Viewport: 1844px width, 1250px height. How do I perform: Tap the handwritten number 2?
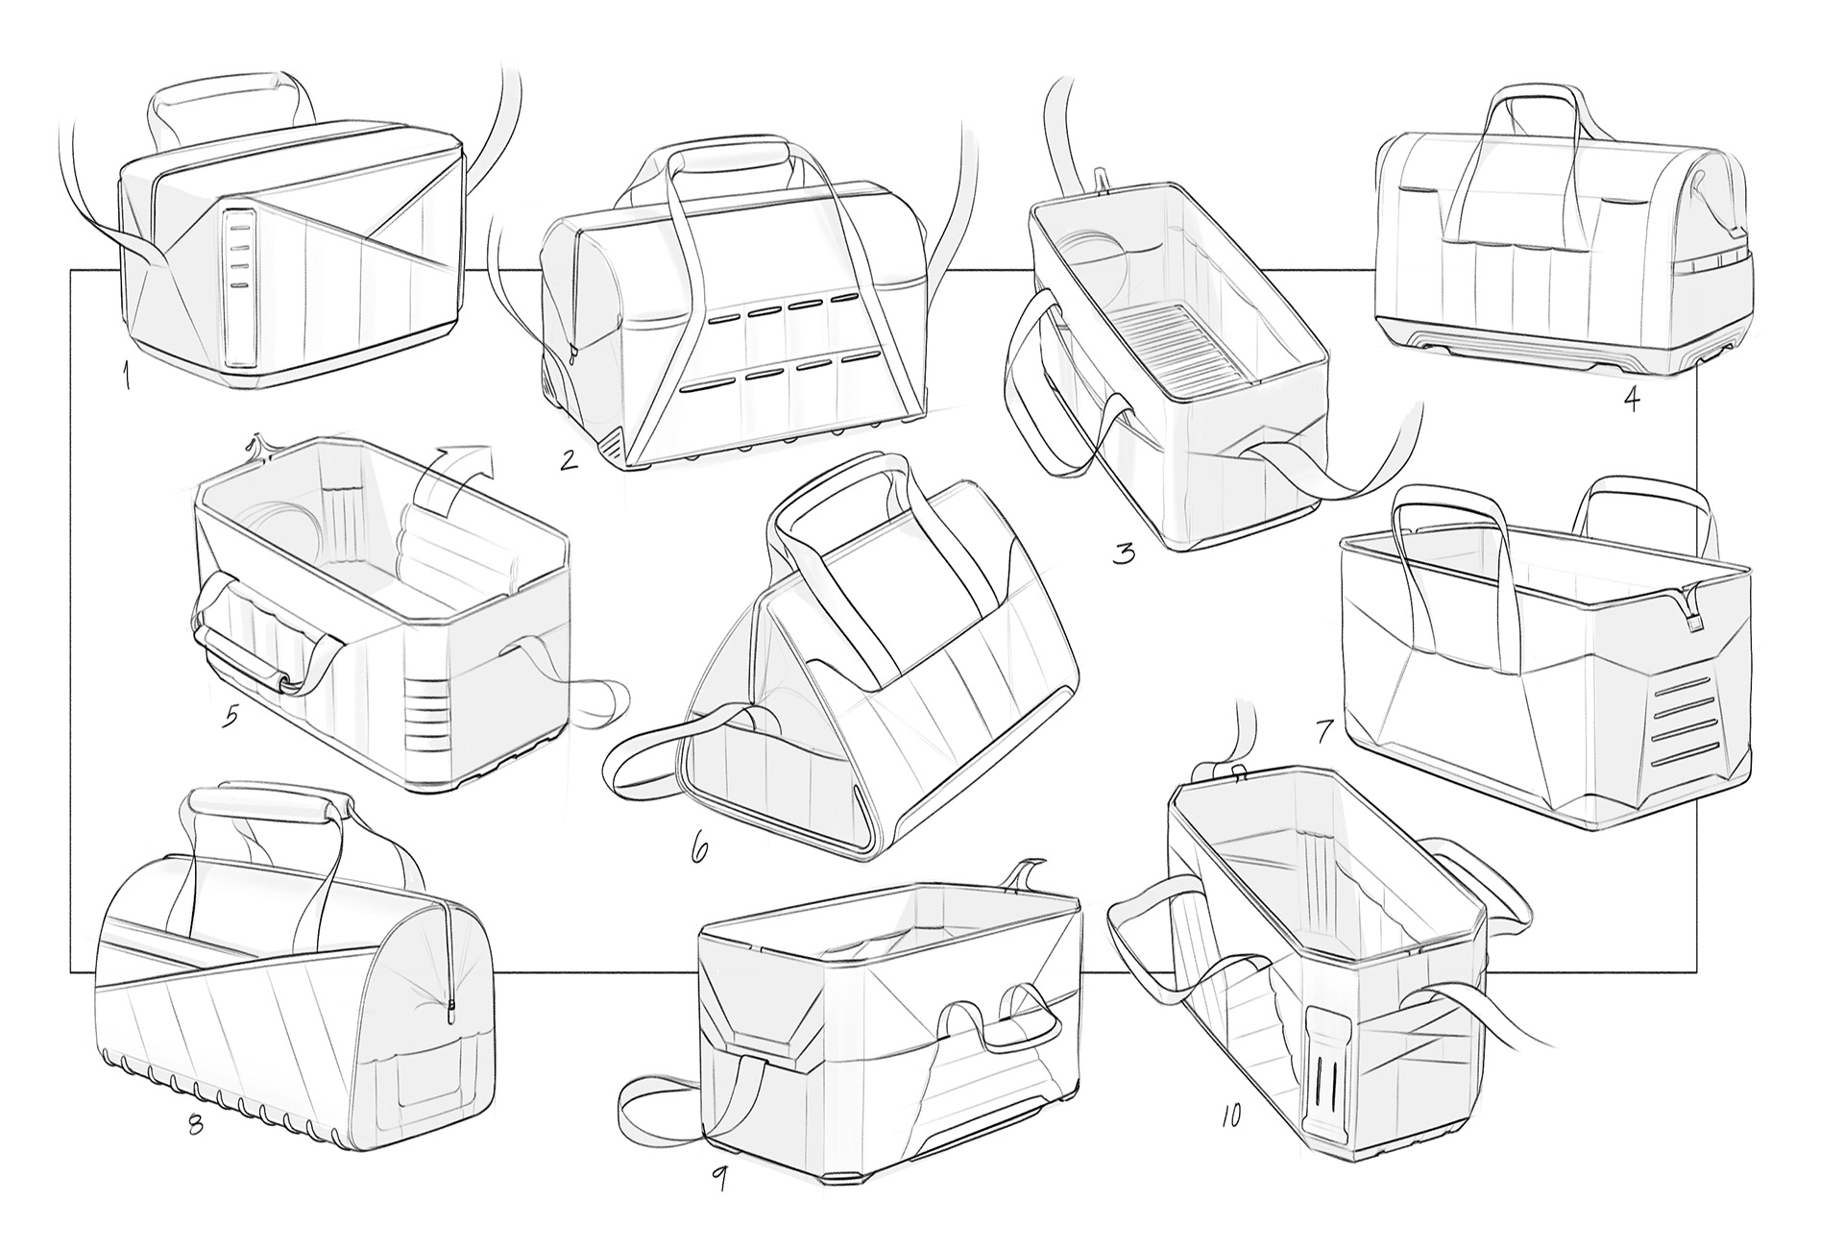pyautogui.click(x=570, y=459)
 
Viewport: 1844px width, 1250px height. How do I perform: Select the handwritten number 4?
pyautogui.click(x=1631, y=397)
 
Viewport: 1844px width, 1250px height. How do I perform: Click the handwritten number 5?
pyautogui.click(x=231, y=716)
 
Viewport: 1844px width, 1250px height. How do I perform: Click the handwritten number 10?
pyautogui.click(x=1230, y=1115)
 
